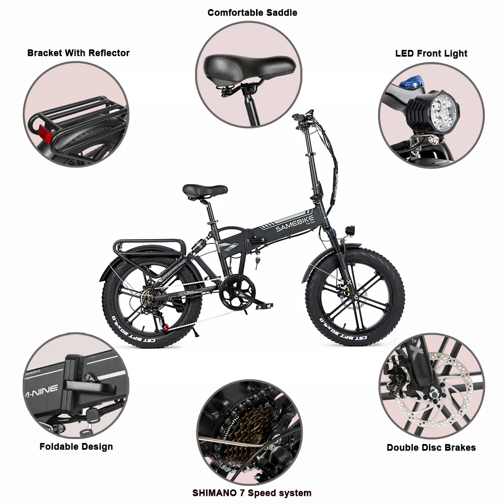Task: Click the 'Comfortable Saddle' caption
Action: [252, 13]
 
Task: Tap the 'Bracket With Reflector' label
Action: [78, 53]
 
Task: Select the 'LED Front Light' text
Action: [431, 53]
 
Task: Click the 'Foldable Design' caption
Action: [76, 447]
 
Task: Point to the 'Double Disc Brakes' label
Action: [431, 447]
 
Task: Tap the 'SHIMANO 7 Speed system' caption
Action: [252, 492]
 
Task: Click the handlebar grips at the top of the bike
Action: [302, 115]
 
